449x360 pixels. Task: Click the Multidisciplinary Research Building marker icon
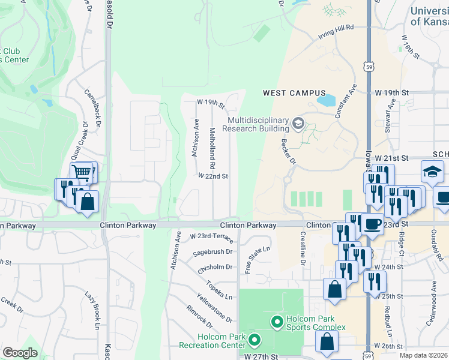(298, 124)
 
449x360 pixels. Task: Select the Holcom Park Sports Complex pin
(277, 323)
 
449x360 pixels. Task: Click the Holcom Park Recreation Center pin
(254, 341)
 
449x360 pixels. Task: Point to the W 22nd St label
(214, 176)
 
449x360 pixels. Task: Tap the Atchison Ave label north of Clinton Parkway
(195, 137)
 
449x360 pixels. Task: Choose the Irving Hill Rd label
(336, 32)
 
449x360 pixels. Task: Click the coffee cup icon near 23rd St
(372, 224)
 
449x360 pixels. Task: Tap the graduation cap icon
(432, 172)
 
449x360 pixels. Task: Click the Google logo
(19, 353)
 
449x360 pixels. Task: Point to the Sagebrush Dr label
(212, 253)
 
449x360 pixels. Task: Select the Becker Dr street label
(289, 152)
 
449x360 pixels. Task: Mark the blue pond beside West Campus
(327, 100)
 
